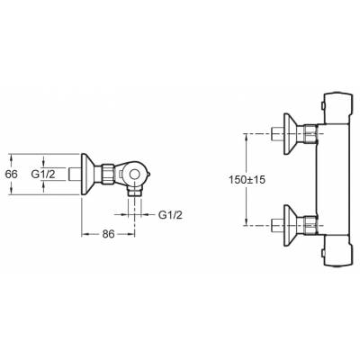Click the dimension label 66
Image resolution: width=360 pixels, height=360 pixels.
pos(12,174)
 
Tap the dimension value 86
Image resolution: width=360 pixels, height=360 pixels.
pos(108,234)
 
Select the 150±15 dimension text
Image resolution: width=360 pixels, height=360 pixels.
pos(247,180)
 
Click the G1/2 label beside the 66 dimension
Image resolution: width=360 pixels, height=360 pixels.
pos(43,174)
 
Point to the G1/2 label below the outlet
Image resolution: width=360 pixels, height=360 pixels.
pos(170,215)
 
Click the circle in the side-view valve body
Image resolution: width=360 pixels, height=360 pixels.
pos(134,174)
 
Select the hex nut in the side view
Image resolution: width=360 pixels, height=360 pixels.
pos(107,174)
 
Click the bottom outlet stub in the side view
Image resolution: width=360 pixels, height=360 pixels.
pos(134,192)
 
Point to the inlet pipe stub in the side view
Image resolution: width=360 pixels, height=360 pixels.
pos(75,174)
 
